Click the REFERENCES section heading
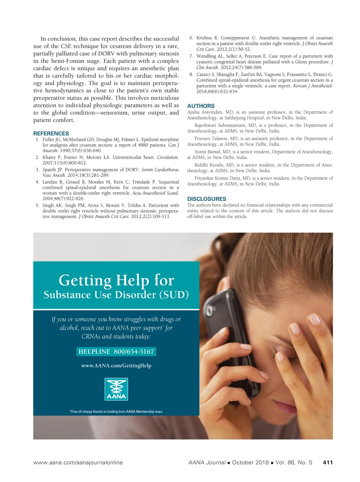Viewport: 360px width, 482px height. tap(51, 134)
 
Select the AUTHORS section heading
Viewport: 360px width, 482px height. tap(201, 106)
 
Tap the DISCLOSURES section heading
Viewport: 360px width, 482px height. tap(207, 199)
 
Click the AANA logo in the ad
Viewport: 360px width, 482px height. tap(116, 389)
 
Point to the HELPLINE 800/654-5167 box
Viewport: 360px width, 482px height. tap(116, 352)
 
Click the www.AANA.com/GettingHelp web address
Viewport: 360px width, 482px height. tap(116, 366)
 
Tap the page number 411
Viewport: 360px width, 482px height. tap(328, 462)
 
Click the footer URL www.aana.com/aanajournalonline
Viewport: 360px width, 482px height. tap(78, 462)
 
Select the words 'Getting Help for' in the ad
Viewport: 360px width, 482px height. tap(116, 280)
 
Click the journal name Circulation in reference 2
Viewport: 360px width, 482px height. tap(167, 157)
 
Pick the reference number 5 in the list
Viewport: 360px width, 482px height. tap(37, 205)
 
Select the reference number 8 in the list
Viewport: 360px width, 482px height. tap(191, 74)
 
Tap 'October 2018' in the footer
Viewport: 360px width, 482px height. tap(250, 462)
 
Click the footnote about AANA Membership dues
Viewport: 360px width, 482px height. tap(116, 411)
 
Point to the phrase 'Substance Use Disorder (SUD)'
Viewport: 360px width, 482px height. tap(116, 295)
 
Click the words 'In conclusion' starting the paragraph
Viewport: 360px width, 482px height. tap(58, 39)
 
